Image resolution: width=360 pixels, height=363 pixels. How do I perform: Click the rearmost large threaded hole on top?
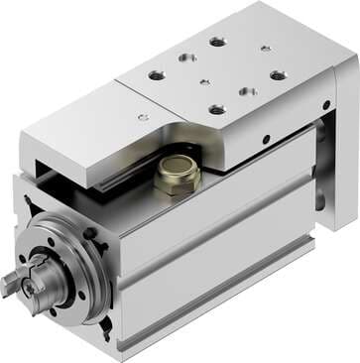tap(217, 41)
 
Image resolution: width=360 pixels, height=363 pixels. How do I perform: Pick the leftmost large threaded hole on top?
tap(156, 74)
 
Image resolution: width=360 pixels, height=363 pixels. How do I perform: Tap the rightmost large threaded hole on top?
tap(278, 74)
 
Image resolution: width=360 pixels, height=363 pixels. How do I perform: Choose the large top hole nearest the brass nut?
tap(217, 110)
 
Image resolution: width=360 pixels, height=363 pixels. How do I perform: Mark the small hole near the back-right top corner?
tap(265, 48)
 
